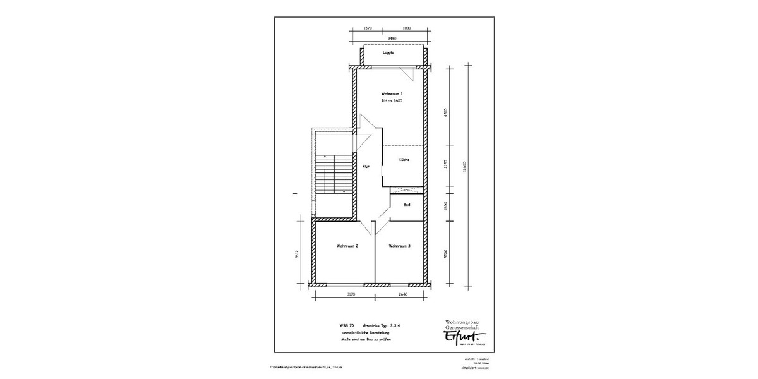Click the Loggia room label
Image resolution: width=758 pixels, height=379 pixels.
388,53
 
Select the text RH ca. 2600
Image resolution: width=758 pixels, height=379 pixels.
392,101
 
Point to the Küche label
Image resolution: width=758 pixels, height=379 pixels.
404,160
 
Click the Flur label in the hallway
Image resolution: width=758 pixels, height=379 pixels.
365,167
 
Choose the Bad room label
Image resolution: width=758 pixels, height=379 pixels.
407,205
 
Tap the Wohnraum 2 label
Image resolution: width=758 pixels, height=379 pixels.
347,246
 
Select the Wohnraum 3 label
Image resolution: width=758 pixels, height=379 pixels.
400,246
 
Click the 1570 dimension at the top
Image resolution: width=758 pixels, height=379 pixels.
368,28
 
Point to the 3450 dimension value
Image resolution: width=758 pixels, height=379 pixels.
392,39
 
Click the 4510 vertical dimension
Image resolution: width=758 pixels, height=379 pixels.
446,113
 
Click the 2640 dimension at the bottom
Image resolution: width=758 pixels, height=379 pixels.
403,294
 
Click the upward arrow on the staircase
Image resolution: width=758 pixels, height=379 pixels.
325,156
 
